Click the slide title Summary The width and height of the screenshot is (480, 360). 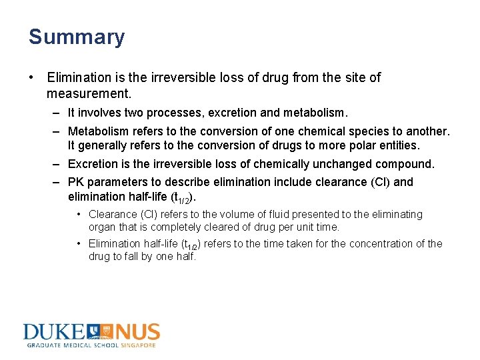76,37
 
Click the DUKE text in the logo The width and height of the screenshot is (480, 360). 53,333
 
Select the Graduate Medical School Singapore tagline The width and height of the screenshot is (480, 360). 91,345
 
